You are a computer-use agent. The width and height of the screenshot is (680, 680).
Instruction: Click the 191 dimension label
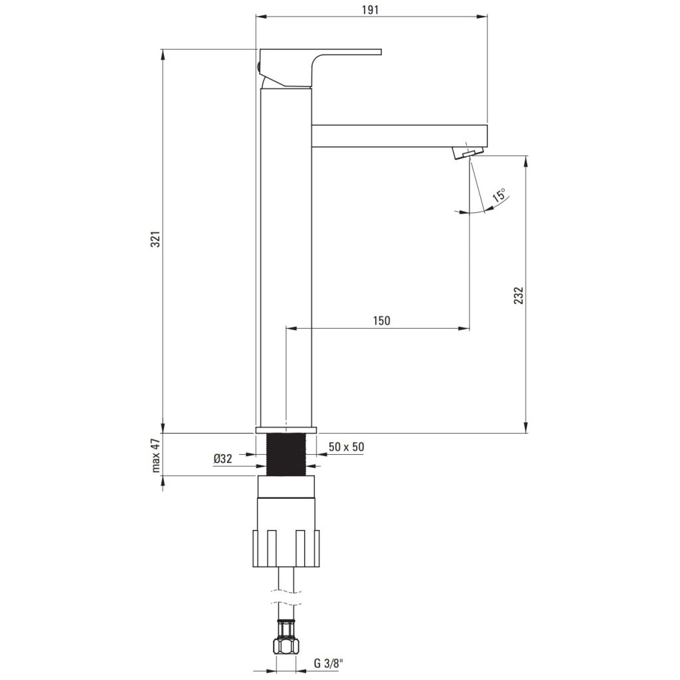point(370,10)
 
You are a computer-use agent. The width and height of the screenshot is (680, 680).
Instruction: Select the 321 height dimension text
point(155,239)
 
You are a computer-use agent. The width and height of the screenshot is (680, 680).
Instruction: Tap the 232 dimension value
point(519,296)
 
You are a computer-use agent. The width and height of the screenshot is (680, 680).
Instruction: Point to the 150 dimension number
point(382,321)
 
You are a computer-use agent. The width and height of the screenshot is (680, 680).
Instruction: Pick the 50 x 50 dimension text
point(346,447)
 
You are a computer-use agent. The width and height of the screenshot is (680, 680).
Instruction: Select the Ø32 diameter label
point(223,459)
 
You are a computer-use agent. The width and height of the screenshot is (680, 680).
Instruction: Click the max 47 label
point(156,455)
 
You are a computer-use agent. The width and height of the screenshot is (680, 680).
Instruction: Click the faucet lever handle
point(319,67)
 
